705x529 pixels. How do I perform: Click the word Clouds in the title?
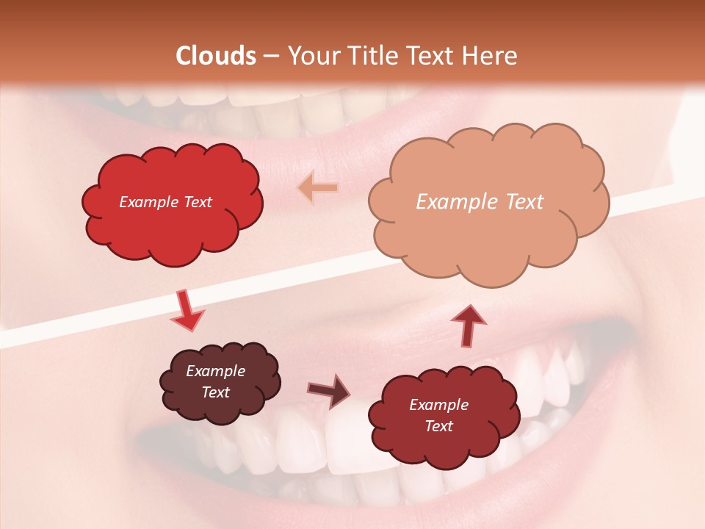pos(216,56)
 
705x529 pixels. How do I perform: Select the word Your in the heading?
pos(312,56)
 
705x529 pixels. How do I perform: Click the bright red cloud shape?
pos(172,220)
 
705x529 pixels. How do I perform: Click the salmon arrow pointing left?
pos(318,189)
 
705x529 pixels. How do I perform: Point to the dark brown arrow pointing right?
pos(329,390)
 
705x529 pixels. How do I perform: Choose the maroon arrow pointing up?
pos(468,323)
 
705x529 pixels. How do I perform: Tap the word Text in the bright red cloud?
pos(196,202)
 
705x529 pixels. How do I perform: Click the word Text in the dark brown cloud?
pos(216,392)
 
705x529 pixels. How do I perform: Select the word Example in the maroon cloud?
pos(438,405)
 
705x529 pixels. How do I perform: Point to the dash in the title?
pos(270,56)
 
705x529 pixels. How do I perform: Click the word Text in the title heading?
pos(430,56)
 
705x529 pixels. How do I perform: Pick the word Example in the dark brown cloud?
pos(216,371)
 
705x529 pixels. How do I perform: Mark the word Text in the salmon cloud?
pos(524,202)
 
